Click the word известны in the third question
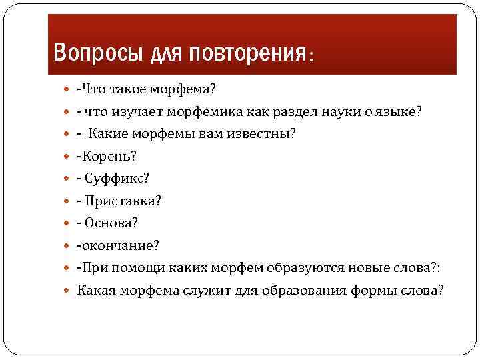(263, 133)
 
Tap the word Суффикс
(113, 178)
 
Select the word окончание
(119, 245)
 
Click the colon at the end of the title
(310, 56)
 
